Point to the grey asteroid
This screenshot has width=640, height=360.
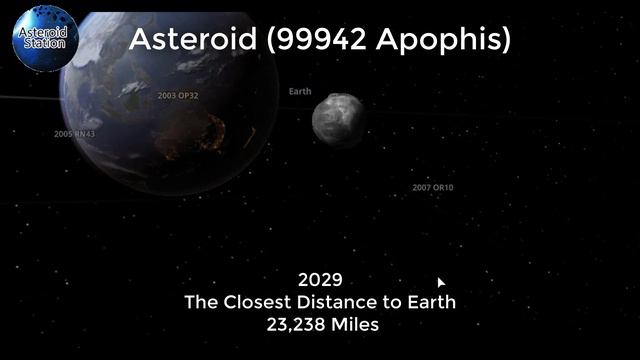tap(339, 118)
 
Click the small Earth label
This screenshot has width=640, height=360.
tap(300, 92)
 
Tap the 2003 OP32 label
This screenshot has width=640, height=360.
tap(178, 96)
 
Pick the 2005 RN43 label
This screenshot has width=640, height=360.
tap(74, 133)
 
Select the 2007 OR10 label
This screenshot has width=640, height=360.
tap(432, 187)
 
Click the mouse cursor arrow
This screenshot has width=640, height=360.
tap(441, 283)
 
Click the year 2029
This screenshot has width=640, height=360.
tap(320, 280)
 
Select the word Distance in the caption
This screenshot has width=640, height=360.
tap(345, 302)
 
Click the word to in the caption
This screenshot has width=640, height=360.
tap(395, 302)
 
